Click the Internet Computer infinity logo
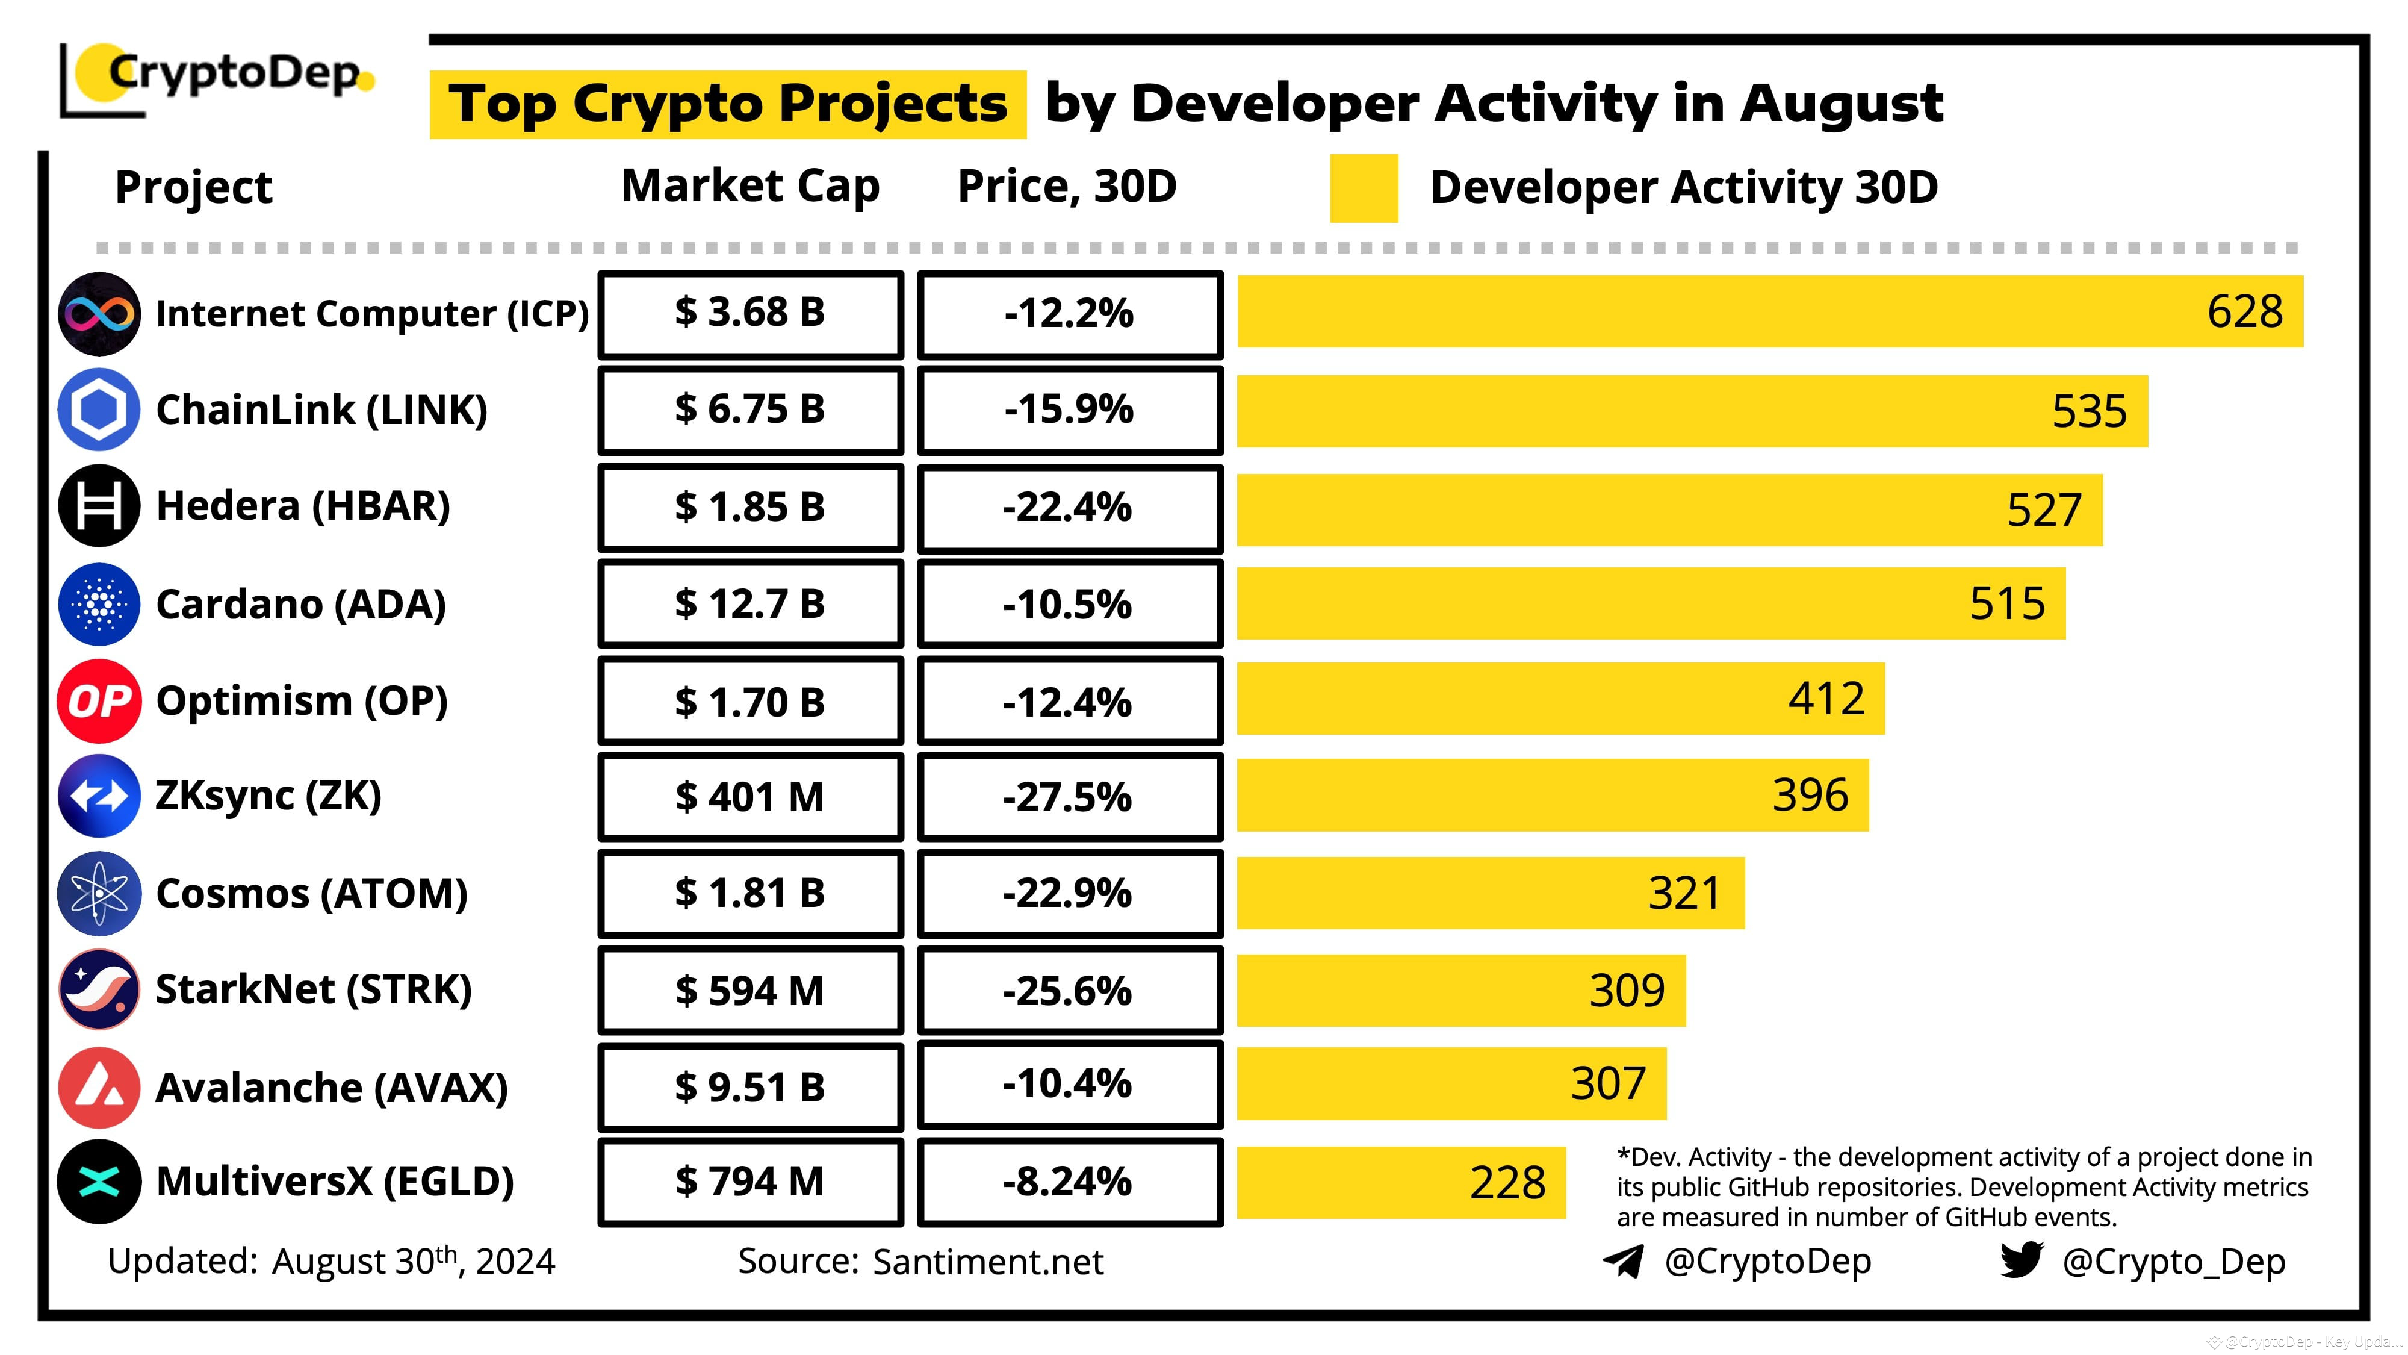(x=99, y=313)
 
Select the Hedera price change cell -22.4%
(x=1069, y=508)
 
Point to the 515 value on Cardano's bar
(x=2007, y=603)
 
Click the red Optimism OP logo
(x=99, y=700)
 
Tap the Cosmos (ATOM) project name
(x=311, y=893)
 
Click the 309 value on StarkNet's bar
(x=1627, y=990)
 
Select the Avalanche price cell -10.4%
(x=1069, y=1085)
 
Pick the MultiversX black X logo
(x=99, y=1181)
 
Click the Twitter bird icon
(x=2021, y=1260)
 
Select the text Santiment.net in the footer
(x=987, y=1262)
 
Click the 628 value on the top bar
(x=2244, y=311)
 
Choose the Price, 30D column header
(x=1067, y=186)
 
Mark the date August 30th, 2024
(x=413, y=1262)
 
